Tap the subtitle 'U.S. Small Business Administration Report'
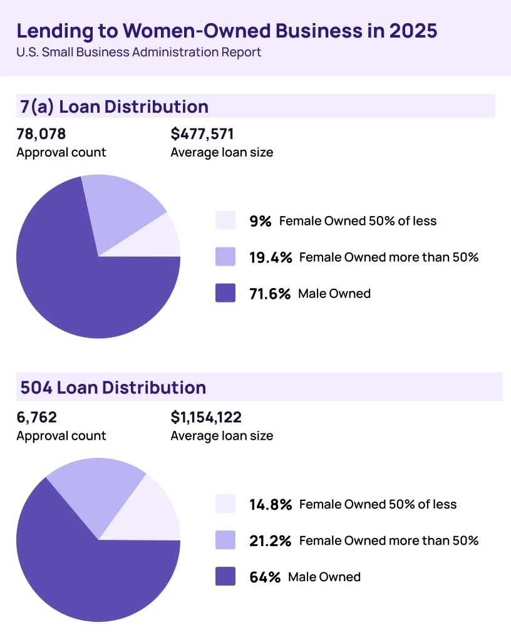(x=138, y=53)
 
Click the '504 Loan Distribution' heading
(x=113, y=388)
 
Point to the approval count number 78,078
(x=41, y=133)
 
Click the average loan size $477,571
(x=202, y=133)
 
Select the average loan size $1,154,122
(x=206, y=417)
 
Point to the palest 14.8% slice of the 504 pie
(x=150, y=517)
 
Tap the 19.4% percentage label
(x=271, y=257)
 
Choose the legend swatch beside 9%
(x=225, y=220)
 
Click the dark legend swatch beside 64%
(x=225, y=576)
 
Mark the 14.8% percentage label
(x=271, y=504)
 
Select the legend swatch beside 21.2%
(x=225, y=540)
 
